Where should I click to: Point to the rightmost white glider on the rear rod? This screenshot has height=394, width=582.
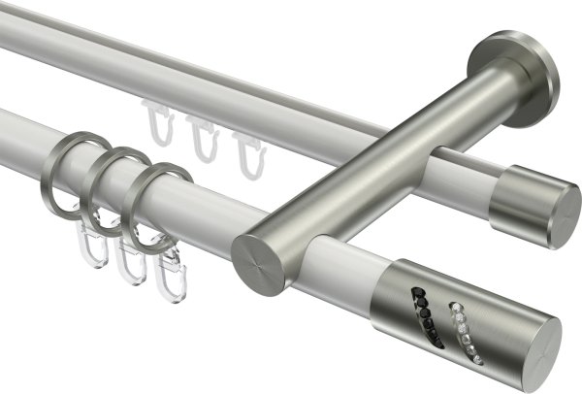(x=243, y=150)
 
